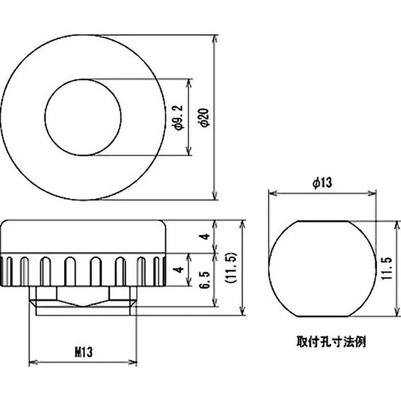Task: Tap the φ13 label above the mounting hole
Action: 322,183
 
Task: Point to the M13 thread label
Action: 83,352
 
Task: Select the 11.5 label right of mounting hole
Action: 386,268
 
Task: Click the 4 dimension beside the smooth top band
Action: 203,237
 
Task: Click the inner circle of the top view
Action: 83,117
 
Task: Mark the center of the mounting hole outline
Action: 322,268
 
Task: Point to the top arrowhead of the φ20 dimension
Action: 216,38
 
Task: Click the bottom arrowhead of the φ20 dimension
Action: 216,196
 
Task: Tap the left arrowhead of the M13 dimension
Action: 34,361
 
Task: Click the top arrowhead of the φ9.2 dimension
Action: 189,82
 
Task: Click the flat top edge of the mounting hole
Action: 322,221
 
